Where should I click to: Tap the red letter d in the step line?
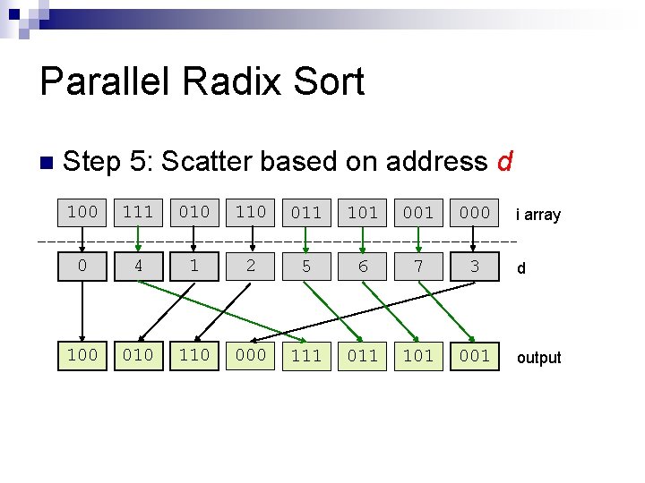[x=504, y=162]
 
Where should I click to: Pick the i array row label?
[x=537, y=215]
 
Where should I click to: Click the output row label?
[x=538, y=358]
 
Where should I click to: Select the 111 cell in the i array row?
[x=138, y=212]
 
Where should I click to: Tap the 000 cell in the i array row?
[x=475, y=212]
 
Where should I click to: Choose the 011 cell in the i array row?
[x=306, y=212]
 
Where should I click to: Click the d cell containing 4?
[x=138, y=266]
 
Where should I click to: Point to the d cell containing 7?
[x=418, y=266]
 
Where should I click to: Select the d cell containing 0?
[x=82, y=266]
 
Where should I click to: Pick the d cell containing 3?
[x=475, y=266]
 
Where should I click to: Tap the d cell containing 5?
[x=306, y=266]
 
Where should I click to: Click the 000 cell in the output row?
[x=251, y=355]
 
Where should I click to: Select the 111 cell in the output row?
[x=306, y=355]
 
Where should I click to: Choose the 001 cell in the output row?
[x=475, y=355]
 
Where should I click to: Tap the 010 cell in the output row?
[x=138, y=355]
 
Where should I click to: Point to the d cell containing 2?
[x=251, y=266]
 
